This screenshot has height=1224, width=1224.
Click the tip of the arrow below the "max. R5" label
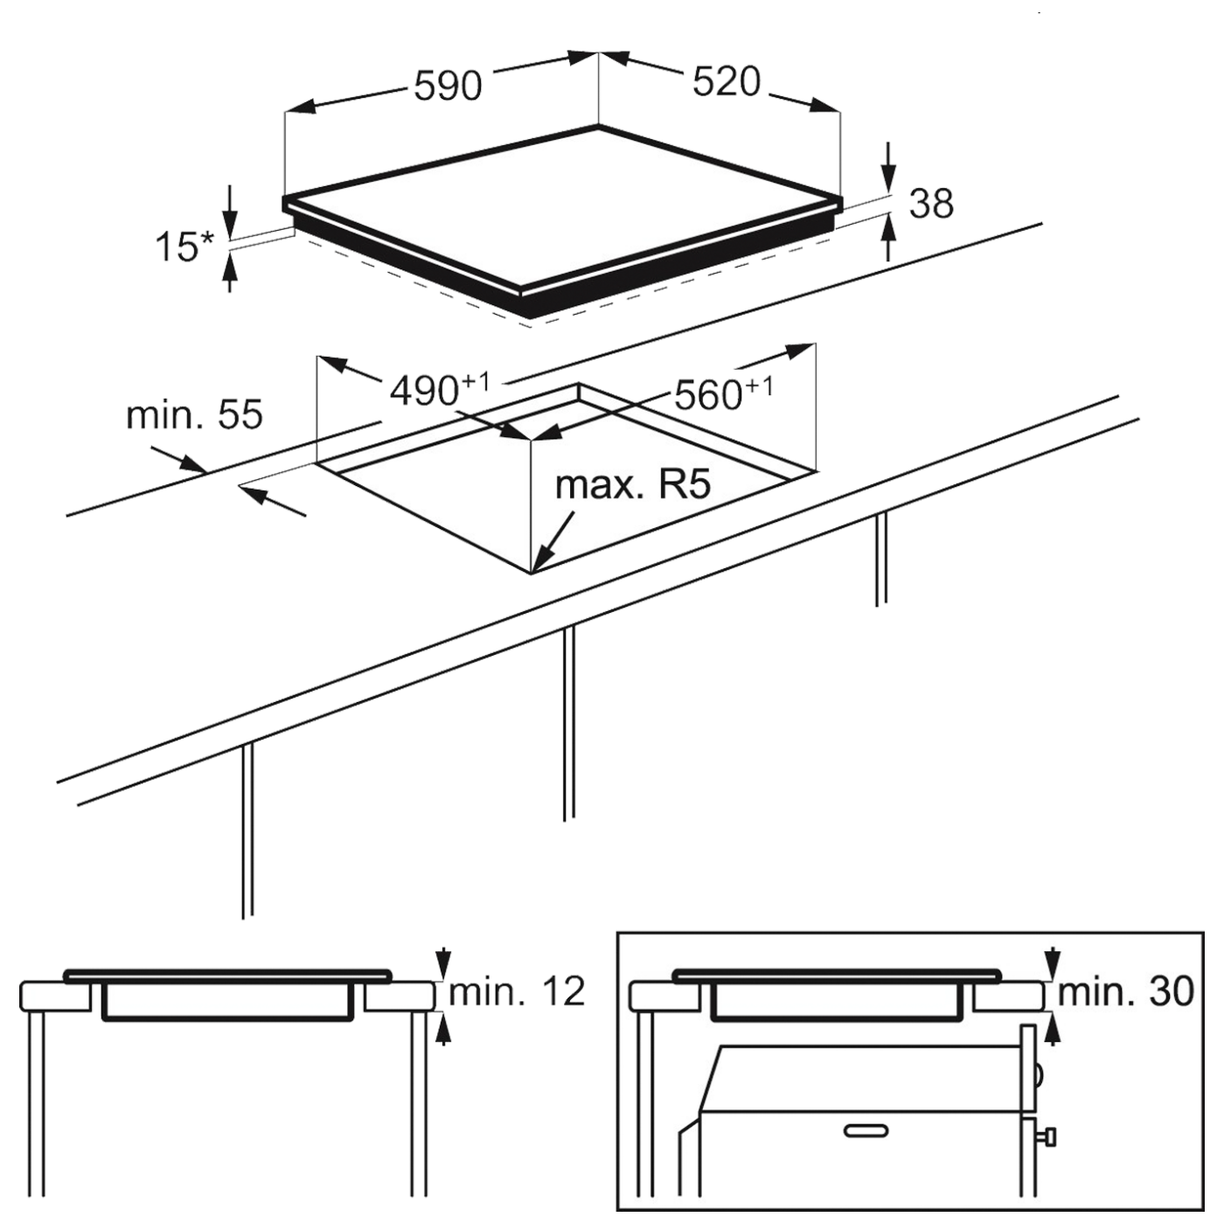532,573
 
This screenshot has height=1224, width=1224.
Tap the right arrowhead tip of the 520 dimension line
840,113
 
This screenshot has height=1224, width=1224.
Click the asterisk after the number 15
208,239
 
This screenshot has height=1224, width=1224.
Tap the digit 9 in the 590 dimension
448,86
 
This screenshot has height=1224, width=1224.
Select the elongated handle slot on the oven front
866,1131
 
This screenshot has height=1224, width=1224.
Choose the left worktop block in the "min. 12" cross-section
56,995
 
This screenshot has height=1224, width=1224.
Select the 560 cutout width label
724,393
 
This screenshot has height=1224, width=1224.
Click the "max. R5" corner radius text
633,485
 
